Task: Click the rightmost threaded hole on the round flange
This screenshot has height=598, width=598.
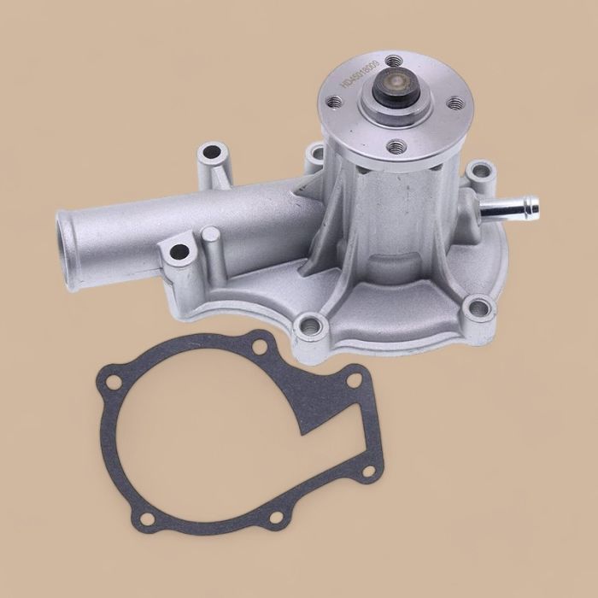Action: coord(454,103)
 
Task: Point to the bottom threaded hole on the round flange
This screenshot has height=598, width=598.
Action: coord(395,147)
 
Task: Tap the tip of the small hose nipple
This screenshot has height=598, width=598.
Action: coord(533,206)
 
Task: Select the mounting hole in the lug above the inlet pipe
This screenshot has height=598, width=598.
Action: coord(211,157)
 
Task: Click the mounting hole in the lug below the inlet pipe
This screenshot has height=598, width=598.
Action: coord(179,252)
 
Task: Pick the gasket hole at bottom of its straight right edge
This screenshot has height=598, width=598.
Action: coord(367,471)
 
